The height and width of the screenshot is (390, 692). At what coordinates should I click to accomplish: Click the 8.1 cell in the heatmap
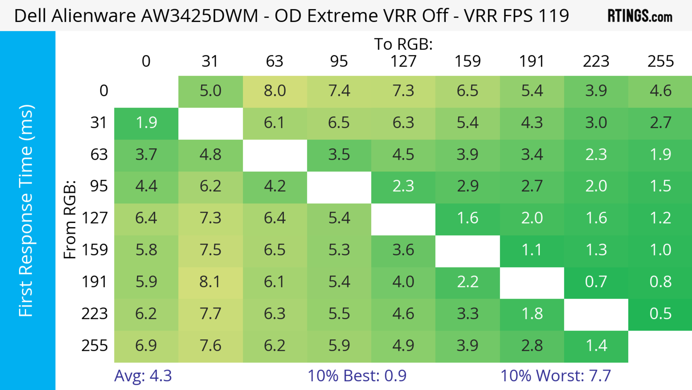click(x=210, y=282)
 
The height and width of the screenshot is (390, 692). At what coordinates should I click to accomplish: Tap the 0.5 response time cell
click(x=660, y=314)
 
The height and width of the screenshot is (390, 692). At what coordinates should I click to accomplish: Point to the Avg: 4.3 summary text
click(x=143, y=376)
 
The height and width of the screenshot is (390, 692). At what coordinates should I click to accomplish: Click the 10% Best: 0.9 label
click(x=357, y=376)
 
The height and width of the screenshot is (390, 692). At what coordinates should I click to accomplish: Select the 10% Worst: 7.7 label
click(x=556, y=376)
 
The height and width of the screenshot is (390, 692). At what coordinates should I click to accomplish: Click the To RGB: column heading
click(x=403, y=44)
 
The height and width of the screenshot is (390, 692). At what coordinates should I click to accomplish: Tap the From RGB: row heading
click(x=70, y=219)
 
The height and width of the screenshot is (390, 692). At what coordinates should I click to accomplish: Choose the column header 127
click(x=403, y=61)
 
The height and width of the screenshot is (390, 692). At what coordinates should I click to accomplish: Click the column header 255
click(x=660, y=61)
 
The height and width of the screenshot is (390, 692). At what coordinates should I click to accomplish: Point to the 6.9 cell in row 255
click(x=146, y=345)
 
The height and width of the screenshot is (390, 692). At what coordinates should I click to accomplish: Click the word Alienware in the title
click(x=94, y=16)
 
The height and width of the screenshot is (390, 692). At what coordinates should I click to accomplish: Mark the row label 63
click(x=99, y=155)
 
